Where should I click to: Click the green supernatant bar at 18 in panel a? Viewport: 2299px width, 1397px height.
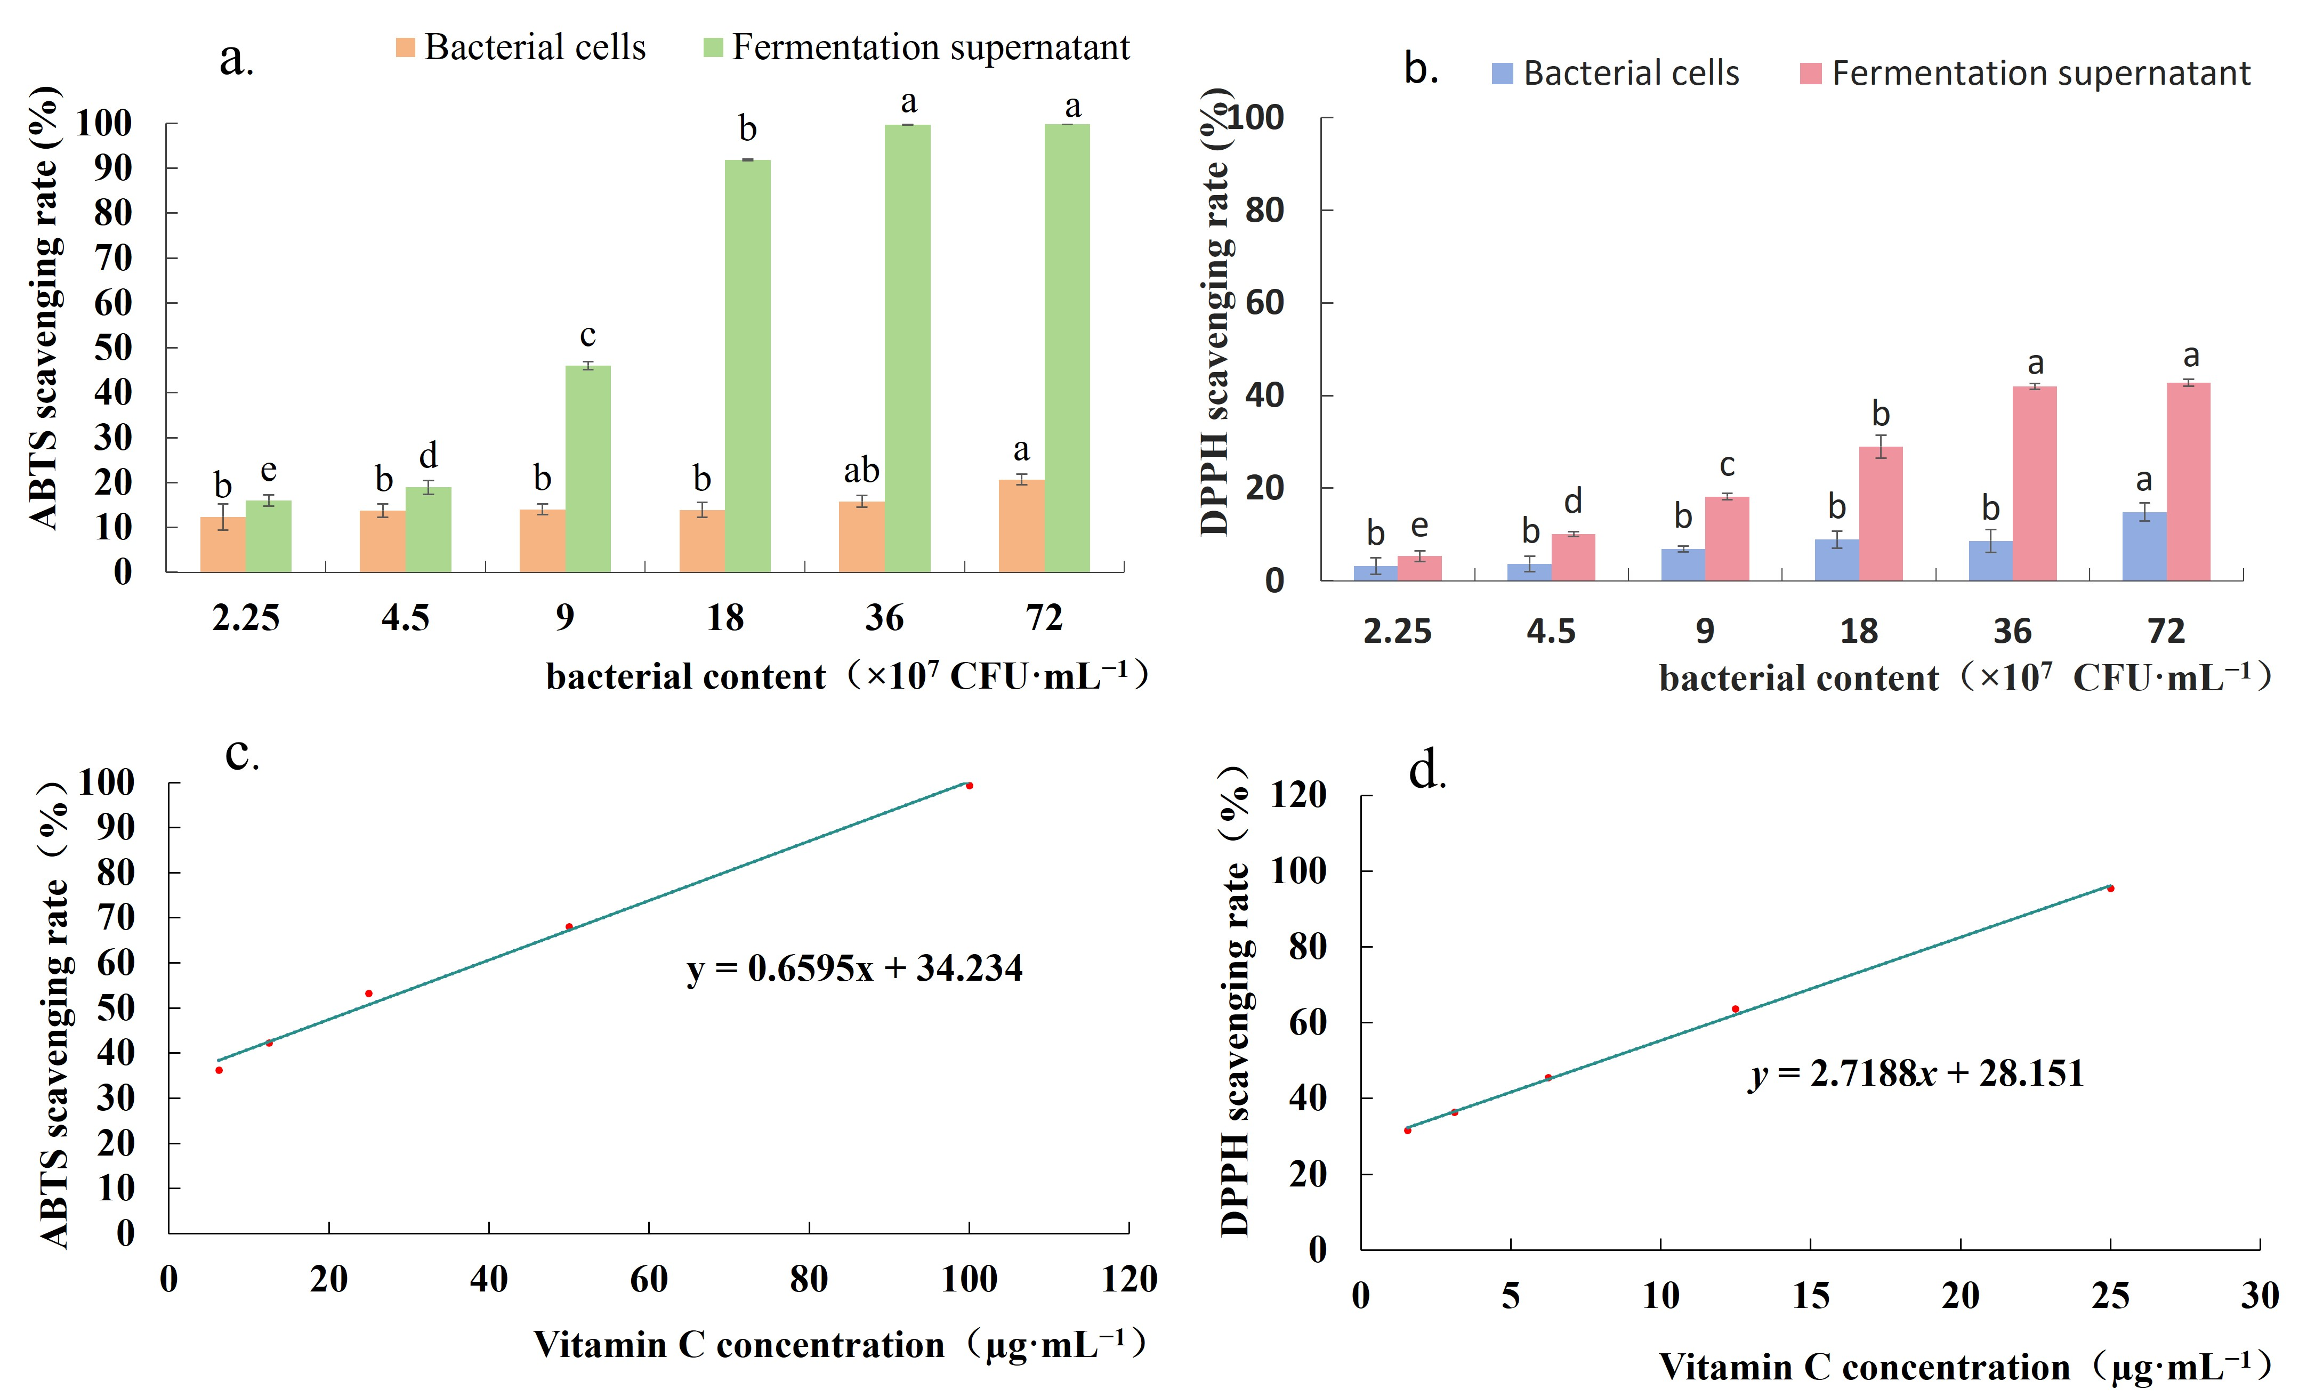[x=747, y=366]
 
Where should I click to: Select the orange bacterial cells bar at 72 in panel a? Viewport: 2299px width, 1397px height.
[x=1021, y=526]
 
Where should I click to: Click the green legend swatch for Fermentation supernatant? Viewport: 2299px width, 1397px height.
[x=713, y=47]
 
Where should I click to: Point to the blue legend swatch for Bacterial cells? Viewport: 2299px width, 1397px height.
[x=1502, y=74]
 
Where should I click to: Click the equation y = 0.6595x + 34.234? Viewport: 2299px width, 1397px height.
[x=854, y=968]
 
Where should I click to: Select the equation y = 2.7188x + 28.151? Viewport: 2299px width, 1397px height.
[x=1916, y=1073]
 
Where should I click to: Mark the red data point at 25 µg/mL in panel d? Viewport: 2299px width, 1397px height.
[x=2110, y=889]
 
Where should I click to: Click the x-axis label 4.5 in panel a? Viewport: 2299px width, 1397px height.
[x=405, y=618]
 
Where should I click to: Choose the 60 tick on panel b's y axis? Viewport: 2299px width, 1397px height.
[x=1264, y=302]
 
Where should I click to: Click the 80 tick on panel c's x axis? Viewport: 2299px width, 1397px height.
[x=808, y=1279]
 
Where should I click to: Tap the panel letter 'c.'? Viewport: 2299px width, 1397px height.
[x=241, y=754]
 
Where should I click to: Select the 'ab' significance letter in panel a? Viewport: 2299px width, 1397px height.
[x=861, y=470]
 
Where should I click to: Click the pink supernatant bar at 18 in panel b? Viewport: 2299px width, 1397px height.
[x=1880, y=513]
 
